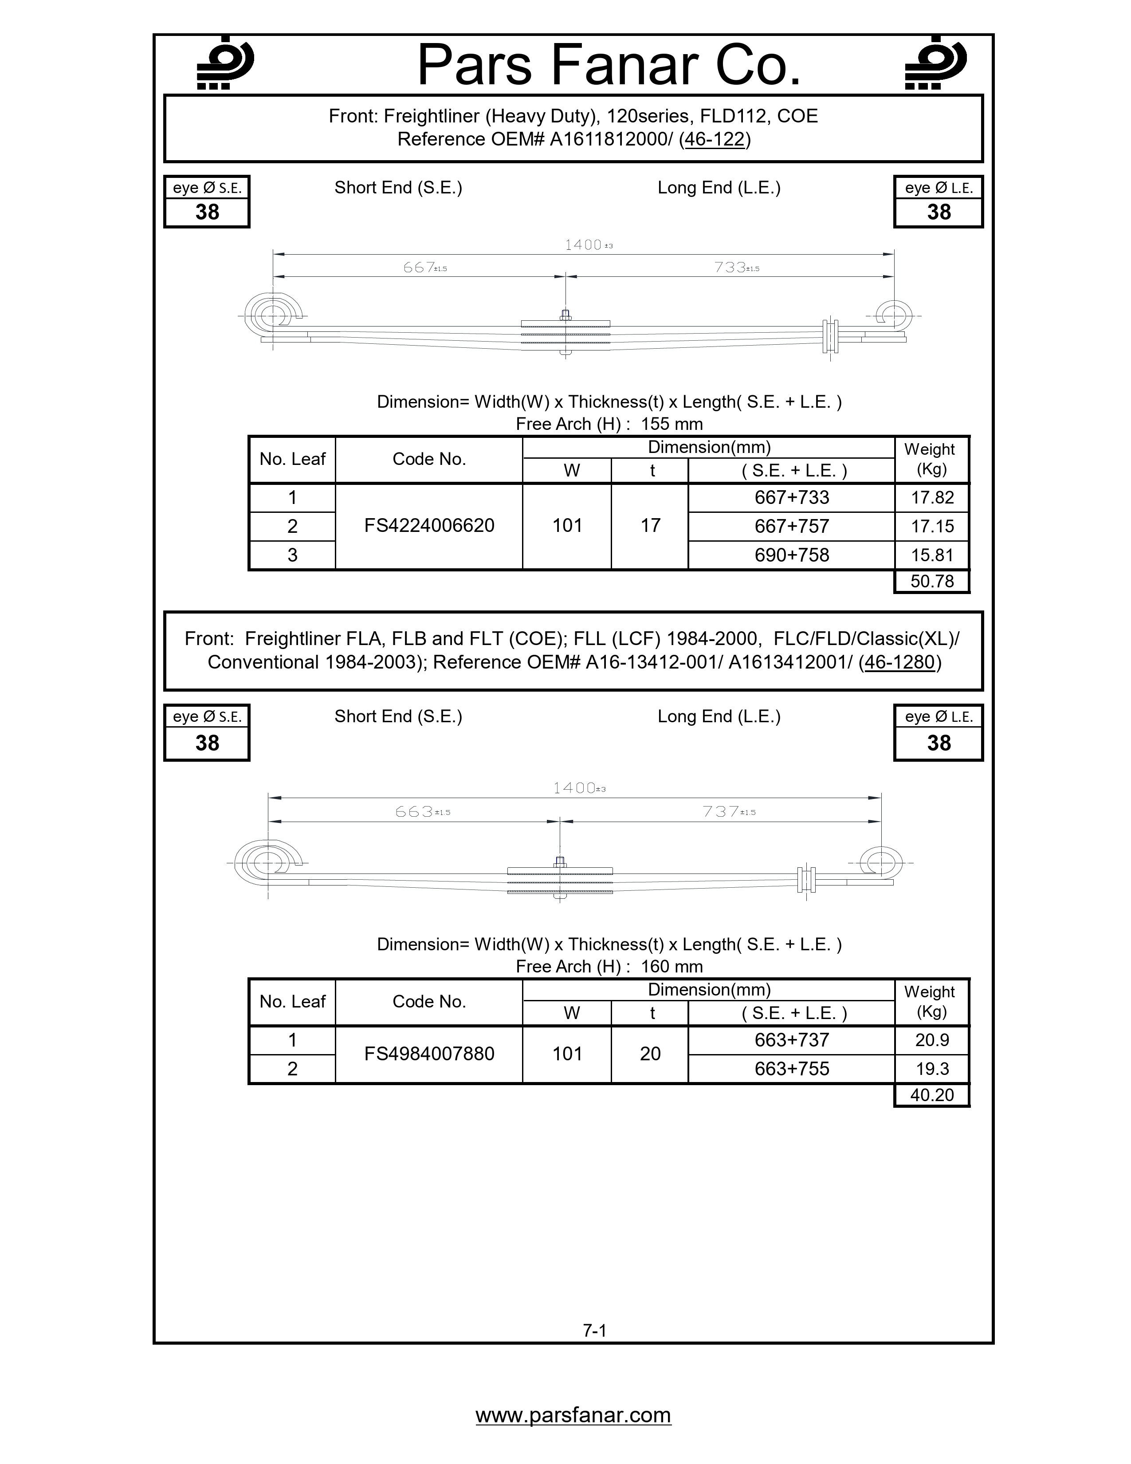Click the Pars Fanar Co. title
609,65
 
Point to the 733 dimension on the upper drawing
730,268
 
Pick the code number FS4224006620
429,526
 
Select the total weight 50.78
931,581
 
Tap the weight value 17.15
931,526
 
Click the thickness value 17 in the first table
650,526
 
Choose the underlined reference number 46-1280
899,662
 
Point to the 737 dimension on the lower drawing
721,812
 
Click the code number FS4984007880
429,1054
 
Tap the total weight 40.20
931,1095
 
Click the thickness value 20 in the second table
650,1054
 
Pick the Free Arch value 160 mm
672,967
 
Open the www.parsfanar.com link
573,1415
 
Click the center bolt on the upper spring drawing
565,315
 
